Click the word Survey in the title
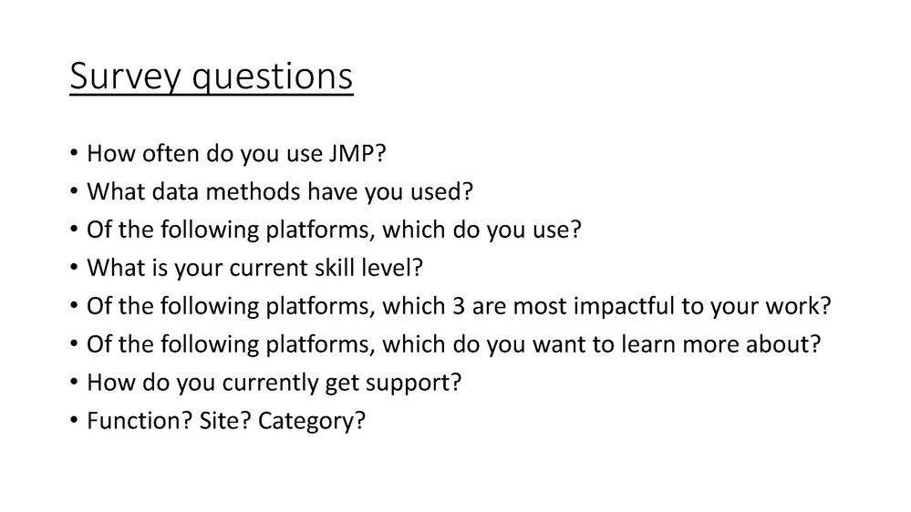(x=115, y=78)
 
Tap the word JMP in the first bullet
(x=348, y=154)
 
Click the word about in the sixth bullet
(x=786, y=345)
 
